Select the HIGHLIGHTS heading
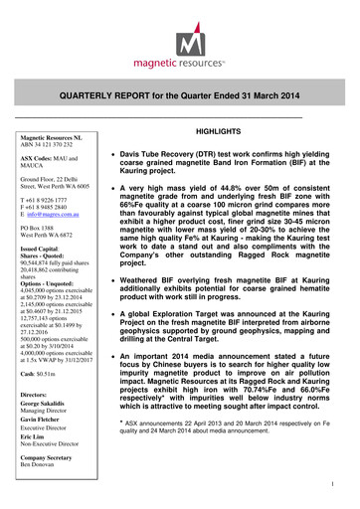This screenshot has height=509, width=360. point(247,132)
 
